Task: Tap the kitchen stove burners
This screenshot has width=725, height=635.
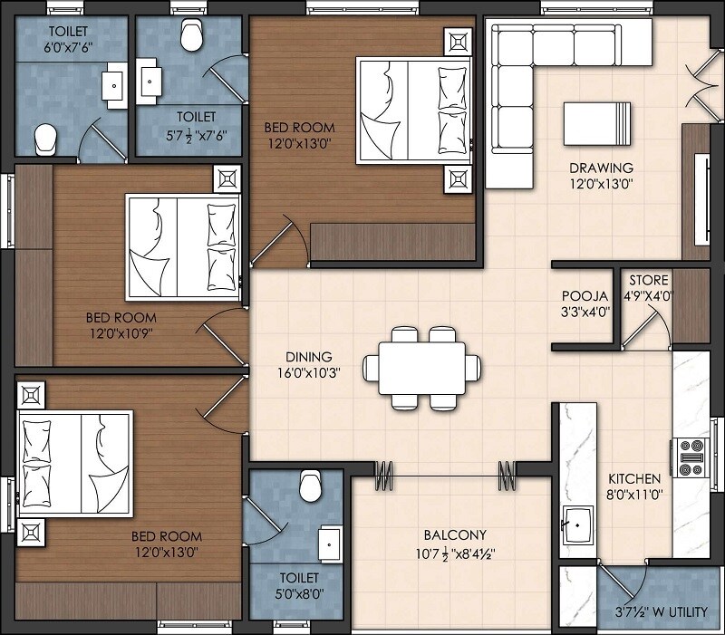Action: point(691,457)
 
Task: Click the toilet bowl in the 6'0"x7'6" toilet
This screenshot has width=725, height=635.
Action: point(44,139)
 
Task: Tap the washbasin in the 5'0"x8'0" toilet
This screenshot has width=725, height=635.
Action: point(327,544)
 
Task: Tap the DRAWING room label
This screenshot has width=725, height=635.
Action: point(601,168)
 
